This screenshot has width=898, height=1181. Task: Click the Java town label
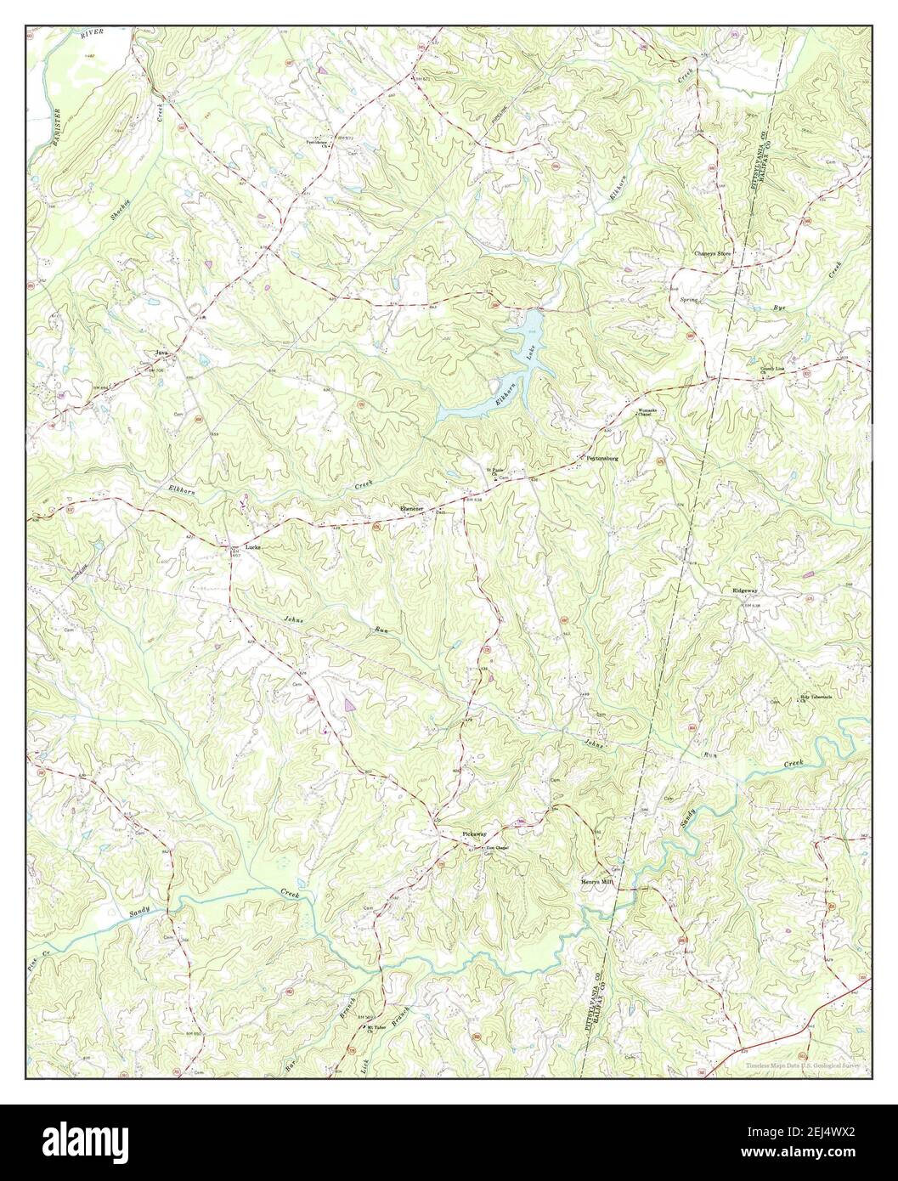click(x=159, y=351)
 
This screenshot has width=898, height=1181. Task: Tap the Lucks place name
click(x=252, y=547)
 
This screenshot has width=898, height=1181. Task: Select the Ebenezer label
click(x=411, y=509)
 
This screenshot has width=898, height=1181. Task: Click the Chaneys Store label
click(x=713, y=253)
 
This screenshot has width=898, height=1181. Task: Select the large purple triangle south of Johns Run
click(x=350, y=704)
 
